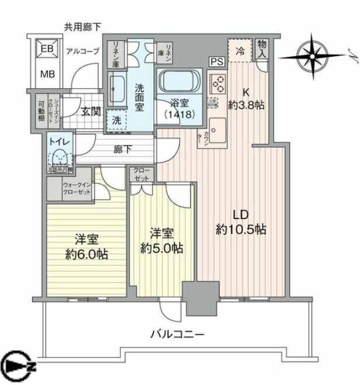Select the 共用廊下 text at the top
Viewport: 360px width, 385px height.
(x=82, y=27)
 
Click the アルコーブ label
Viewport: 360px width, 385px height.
(x=83, y=51)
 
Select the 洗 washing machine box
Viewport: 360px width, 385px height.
(x=115, y=119)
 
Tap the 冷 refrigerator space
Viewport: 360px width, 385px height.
(x=239, y=50)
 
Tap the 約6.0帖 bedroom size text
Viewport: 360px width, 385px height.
(x=86, y=254)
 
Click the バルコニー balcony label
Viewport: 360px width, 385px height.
(x=177, y=335)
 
